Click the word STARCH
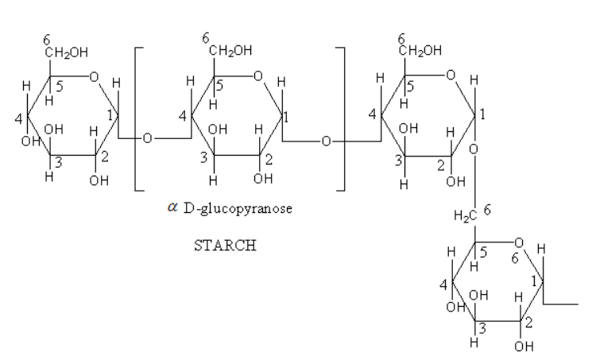pyautogui.click(x=225, y=246)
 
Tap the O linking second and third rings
pyautogui.click(x=326, y=141)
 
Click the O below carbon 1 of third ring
pyautogui.click(x=473, y=149)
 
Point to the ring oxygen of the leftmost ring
pyautogui.click(x=94, y=76)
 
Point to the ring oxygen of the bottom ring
pyautogui.click(x=518, y=242)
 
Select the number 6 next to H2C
pyautogui.click(x=487, y=210)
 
